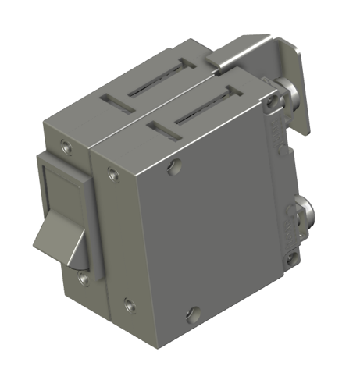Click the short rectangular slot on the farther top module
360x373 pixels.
point(113,101)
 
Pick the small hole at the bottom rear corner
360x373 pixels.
point(291,255)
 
